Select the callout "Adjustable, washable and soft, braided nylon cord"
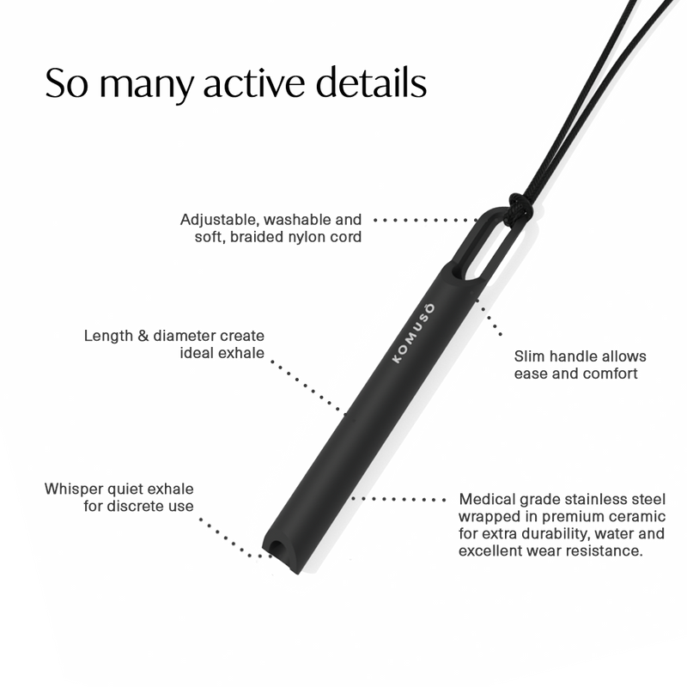click(271, 227)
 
